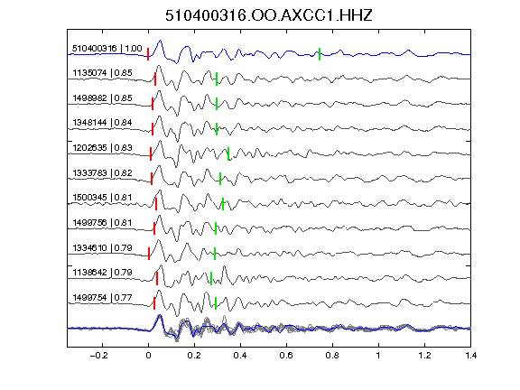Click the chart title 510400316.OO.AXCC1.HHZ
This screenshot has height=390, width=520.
click(269, 15)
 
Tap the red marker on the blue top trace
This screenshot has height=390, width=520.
click(148, 54)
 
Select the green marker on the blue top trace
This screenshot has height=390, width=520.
click(320, 54)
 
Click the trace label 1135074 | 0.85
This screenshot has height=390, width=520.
click(103, 72)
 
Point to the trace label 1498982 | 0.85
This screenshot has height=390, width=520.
click(103, 97)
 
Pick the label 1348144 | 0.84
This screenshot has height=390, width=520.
click(103, 123)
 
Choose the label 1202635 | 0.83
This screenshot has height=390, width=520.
click(103, 147)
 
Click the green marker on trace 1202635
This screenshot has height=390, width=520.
click(228, 153)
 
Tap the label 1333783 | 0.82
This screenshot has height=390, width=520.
click(103, 172)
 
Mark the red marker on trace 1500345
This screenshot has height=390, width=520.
click(156, 204)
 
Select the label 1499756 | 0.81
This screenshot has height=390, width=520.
click(103, 222)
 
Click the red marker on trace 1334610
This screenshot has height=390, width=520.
click(149, 254)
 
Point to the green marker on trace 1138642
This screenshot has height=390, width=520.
click(211, 279)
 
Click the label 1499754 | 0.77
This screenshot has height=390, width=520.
click(103, 298)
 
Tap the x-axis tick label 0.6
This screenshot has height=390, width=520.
click(286, 356)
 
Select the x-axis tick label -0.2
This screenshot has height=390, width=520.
click(98, 356)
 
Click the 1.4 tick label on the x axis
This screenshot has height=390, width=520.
click(470, 356)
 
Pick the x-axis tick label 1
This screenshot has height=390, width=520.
click(378, 356)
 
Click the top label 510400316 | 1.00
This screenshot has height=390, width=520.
click(107, 49)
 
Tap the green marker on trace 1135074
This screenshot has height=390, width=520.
click(217, 79)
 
